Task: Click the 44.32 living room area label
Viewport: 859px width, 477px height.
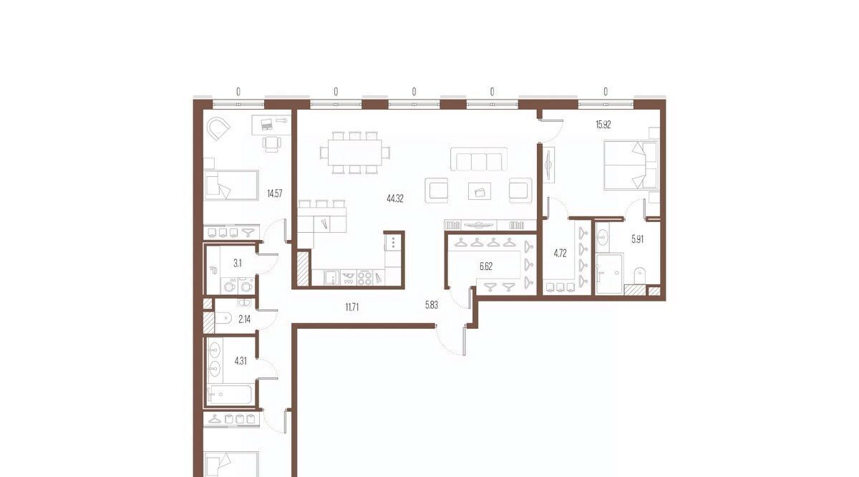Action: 395,199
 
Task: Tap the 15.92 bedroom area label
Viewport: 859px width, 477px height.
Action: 603,125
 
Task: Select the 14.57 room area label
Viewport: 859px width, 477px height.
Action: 275,194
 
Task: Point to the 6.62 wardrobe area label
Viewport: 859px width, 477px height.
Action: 486,266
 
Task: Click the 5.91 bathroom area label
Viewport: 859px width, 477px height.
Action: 637,239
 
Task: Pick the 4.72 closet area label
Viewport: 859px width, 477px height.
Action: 560,254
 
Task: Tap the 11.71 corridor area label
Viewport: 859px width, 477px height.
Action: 352,307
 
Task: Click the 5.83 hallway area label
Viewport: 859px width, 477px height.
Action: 432,305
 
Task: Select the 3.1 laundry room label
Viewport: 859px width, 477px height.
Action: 238,264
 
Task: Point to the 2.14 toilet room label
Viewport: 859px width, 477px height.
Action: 244,319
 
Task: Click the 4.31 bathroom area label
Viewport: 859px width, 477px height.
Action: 241,361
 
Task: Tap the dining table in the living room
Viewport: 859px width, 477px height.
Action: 355,153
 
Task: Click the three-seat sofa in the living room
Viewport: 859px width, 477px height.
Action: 479,159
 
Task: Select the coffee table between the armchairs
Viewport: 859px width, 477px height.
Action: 480,191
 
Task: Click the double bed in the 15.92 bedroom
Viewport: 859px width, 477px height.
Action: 631,165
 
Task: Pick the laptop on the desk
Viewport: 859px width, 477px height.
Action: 266,124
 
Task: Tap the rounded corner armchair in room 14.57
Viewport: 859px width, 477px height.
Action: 218,129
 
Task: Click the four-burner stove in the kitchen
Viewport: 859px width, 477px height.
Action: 364,278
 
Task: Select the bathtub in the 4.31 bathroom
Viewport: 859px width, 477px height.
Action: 229,395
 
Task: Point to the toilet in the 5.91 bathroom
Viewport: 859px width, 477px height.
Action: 640,276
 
